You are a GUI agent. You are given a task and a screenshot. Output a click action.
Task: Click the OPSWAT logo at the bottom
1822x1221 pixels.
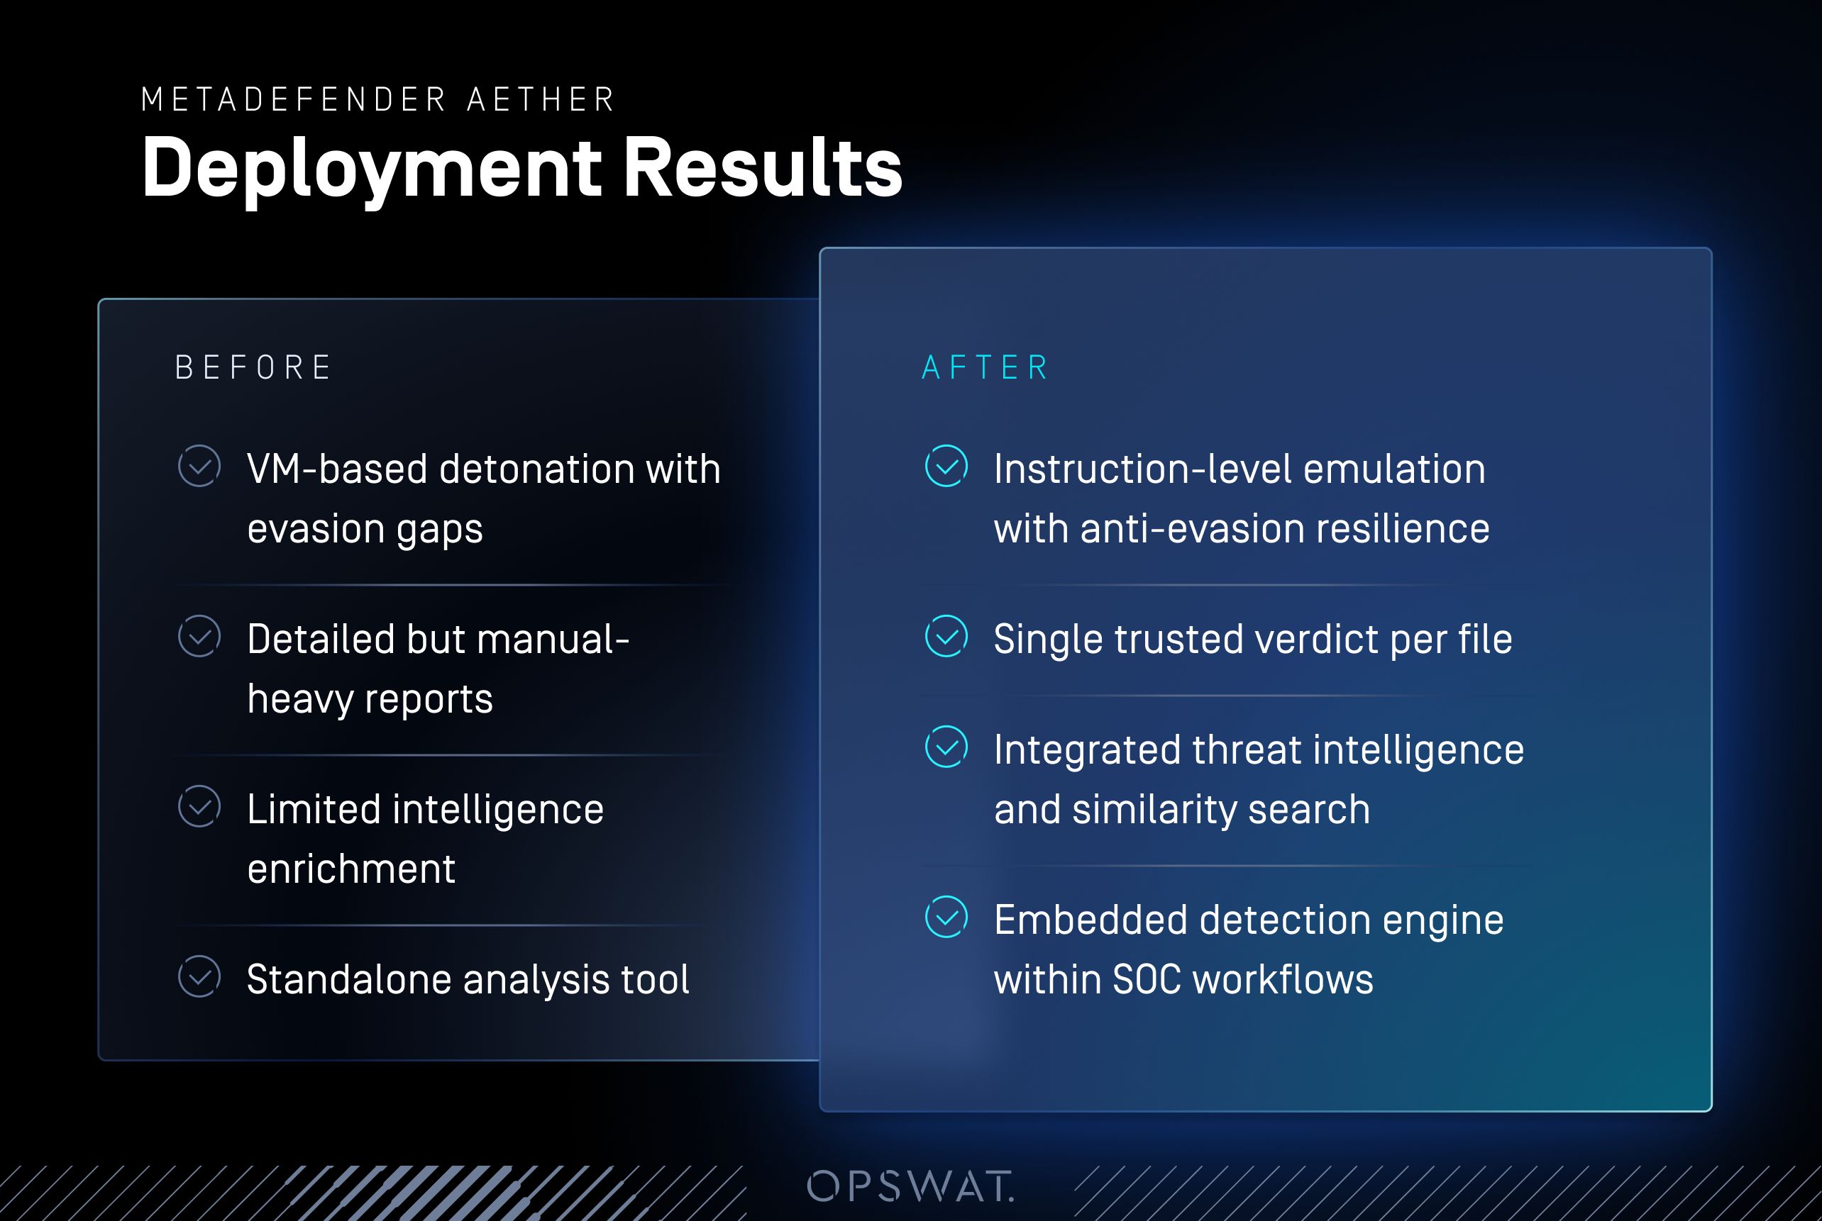coord(910,1186)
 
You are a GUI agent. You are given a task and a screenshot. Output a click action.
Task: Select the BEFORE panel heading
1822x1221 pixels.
coord(254,367)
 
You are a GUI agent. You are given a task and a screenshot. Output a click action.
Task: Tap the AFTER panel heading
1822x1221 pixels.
coord(985,367)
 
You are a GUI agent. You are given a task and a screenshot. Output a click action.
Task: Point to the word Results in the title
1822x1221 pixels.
coord(763,167)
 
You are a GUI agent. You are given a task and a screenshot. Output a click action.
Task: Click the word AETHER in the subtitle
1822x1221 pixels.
coord(541,100)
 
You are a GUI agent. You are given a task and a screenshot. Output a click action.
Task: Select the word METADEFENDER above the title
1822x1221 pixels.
coord(294,100)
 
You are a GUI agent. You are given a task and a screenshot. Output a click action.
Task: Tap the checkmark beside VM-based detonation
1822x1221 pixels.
coord(199,467)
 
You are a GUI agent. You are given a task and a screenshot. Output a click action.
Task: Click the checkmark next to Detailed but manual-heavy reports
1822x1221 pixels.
coord(199,636)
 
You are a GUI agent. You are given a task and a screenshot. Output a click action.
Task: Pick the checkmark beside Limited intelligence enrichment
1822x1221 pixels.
coord(199,806)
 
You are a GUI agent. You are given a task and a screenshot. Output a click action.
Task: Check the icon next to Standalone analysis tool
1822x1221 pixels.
coord(199,976)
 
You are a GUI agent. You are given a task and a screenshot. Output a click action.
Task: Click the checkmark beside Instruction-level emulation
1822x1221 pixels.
coord(946,467)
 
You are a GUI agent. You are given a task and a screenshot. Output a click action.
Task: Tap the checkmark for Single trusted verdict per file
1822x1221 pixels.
coord(946,636)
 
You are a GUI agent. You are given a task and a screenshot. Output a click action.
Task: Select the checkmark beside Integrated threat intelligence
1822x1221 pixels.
coord(946,747)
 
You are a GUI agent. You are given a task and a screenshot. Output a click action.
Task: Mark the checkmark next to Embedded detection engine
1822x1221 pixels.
coord(946,917)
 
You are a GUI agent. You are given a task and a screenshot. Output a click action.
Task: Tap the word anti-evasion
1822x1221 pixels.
coord(1192,529)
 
